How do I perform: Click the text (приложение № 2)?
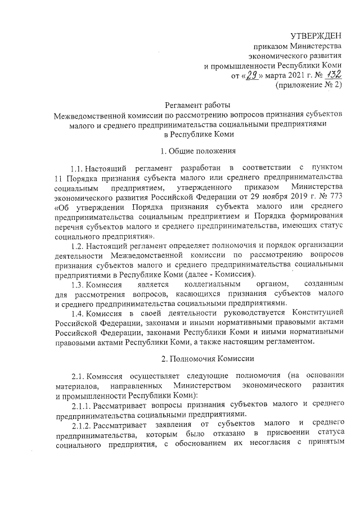click(308, 85)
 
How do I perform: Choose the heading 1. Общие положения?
click(194, 150)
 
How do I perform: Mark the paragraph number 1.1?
click(76, 168)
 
